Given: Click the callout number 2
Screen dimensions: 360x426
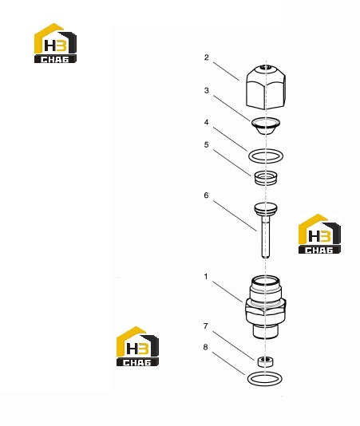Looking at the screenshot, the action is click(x=207, y=57).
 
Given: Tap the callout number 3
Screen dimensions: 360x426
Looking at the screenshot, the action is click(x=207, y=90).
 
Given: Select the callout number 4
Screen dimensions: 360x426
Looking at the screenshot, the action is click(x=207, y=123).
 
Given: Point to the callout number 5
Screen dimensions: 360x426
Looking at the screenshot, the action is click(x=207, y=145).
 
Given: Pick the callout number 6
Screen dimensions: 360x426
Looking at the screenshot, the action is click(x=207, y=195).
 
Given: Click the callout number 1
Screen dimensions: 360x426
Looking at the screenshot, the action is click(x=206, y=277).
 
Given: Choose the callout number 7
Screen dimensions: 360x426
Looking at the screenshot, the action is click(x=206, y=325).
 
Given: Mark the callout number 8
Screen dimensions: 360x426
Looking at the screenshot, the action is click(x=206, y=347).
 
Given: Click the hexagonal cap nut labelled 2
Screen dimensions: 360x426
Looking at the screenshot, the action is click(x=266, y=87).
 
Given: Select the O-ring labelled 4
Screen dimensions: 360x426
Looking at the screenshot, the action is click(x=266, y=151).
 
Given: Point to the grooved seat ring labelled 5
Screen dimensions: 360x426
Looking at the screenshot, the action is click(x=266, y=178).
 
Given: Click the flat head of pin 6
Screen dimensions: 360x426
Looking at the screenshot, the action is click(x=266, y=209).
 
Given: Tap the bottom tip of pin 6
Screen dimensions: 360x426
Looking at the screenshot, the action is click(x=266, y=257).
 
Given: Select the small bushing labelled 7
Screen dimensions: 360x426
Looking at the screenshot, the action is click(x=265, y=361).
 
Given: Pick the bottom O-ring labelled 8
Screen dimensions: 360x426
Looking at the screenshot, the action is click(x=264, y=373).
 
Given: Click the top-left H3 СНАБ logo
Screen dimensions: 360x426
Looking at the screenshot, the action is click(x=55, y=43).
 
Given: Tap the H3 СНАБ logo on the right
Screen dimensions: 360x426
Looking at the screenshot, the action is click(x=319, y=234).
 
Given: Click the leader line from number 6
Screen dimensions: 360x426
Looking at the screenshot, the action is click(x=235, y=216).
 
